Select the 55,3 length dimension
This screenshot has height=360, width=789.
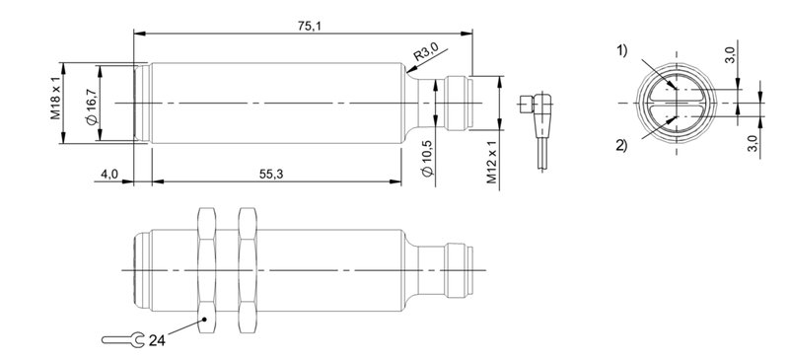[273, 174]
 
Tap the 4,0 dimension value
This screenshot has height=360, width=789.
[109, 174]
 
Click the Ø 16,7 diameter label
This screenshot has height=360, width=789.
[90, 104]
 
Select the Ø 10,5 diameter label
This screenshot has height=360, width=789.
[424, 158]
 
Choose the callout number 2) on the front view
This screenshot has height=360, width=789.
[621, 146]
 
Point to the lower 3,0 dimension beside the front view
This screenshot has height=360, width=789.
[754, 146]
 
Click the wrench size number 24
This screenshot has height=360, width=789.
[157, 340]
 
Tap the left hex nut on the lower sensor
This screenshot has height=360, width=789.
[206, 268]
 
